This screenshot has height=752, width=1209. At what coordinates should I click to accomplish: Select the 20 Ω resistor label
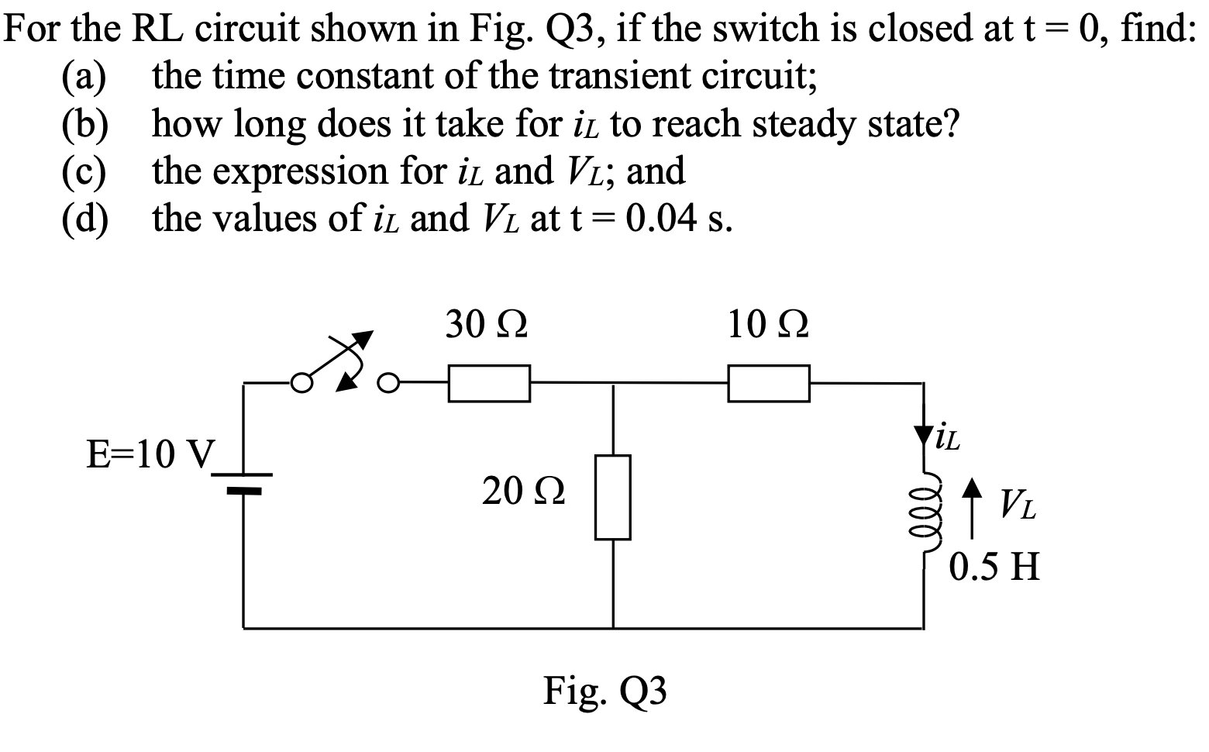click(523, 491)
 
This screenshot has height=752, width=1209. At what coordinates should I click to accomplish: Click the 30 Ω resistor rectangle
click(489, 384)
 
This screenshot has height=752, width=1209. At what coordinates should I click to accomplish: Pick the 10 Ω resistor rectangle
click(769, 384)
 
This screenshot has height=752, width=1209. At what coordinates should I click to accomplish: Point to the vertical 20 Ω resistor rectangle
click(613, 497)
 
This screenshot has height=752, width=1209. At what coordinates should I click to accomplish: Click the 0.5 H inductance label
click(994, 567)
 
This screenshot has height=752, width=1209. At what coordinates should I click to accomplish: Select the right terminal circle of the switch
click(388, 382)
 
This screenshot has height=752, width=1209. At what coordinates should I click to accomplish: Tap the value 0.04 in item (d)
click(663, 219)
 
